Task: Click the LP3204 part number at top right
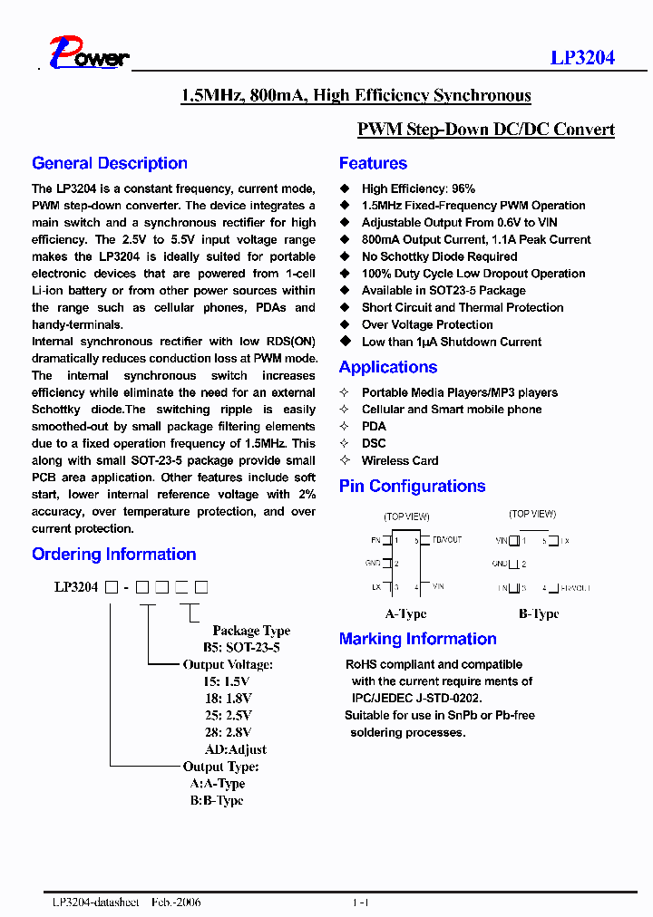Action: (582, 57)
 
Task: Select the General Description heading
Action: (110, 163)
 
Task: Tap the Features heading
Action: (373, 163)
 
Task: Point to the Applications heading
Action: (388, 367)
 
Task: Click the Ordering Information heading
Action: (113, 554)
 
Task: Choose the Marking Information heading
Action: (417, 639)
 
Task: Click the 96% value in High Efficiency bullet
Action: (463, 188)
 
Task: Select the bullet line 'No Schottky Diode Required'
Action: (439, 256)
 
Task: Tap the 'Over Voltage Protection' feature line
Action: (427, 324)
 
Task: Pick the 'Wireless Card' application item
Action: (399, 460)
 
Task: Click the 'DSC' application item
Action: (374, 443)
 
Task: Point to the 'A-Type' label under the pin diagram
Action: (405, 613)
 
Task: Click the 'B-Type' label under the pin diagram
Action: (539, 613)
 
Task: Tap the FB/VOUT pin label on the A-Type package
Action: (446, 540)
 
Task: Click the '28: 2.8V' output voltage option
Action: (228, 732)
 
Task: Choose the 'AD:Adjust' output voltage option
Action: (236, 749)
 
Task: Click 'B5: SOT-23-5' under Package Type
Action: (240, 648)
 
